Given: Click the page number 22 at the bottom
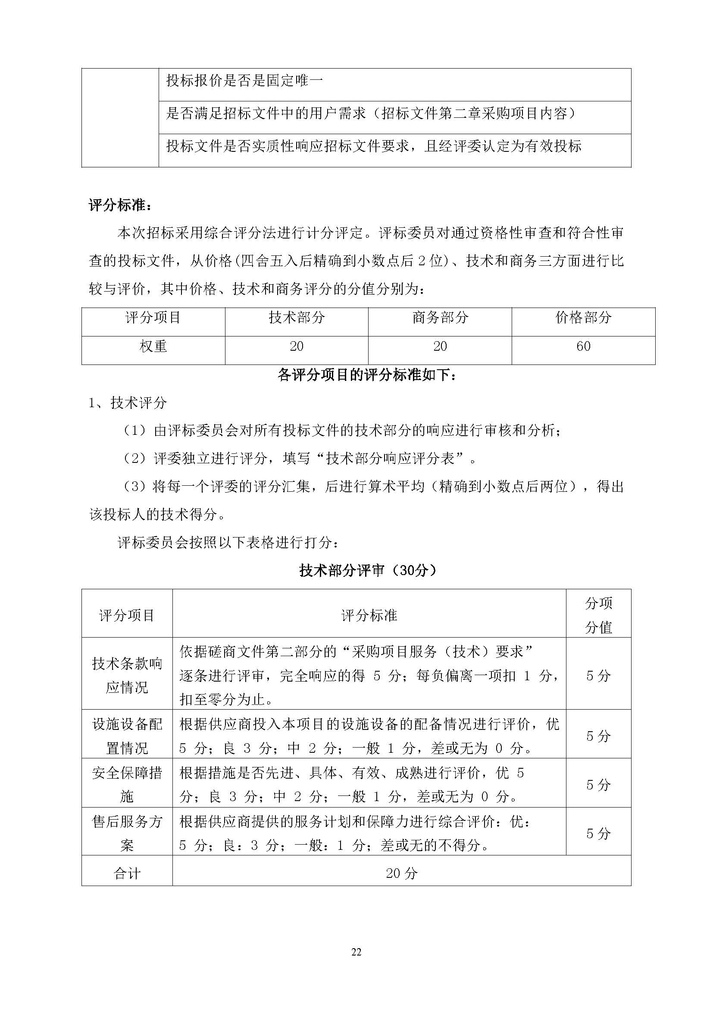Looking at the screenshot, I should (x=356, y=952).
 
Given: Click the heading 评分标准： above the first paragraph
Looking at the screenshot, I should (x=120, y=205).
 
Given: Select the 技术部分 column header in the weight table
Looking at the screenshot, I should (x=296, y=317).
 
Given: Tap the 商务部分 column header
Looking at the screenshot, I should (x=440, y=317).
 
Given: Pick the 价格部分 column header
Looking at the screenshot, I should (x=583, y=317).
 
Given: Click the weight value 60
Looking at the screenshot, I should (x=583, y=346).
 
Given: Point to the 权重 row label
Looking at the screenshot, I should (x=153, y=346).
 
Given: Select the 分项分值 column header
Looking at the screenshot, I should (x=598, y=615).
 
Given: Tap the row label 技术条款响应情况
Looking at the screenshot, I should (x=127, y=676).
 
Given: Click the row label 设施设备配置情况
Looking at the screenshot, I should (x=127, y=736).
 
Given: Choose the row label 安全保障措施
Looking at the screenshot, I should (x=127, y=784).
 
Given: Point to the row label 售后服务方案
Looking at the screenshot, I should (x=127, y=833).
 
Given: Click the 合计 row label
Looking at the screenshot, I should (x=127, y=873).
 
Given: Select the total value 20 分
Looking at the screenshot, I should (x=401, y=873).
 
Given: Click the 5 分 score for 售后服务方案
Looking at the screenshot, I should (x=598, y=833).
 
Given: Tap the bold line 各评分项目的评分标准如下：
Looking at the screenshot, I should (x=368, y=375).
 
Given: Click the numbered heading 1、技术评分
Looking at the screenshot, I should (x=128, y=402).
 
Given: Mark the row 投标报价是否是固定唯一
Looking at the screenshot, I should (x=244, y=81).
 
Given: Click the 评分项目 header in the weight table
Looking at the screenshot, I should (x=153, y=317).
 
